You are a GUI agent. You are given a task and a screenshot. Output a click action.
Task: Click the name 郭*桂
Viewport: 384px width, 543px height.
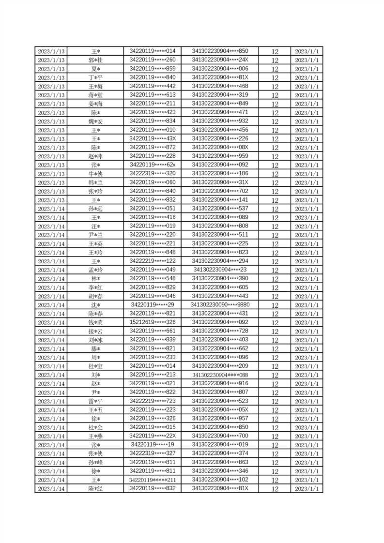(95, 60)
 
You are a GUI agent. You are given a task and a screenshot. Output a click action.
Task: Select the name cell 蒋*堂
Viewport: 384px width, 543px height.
(95, 95)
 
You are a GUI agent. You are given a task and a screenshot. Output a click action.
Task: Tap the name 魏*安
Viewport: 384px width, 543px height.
(95, 121)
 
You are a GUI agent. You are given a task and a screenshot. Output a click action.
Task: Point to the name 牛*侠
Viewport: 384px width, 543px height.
(95, 174)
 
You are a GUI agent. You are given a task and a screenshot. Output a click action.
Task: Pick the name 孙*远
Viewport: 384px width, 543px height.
(95, 209)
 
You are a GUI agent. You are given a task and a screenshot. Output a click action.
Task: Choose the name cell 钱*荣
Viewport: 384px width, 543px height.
(95, 322)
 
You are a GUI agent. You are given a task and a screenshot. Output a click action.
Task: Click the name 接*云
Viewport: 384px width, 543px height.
(95, 331)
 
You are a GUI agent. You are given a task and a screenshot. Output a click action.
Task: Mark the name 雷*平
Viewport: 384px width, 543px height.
(95, 401)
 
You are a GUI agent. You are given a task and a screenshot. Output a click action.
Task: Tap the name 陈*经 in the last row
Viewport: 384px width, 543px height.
(95, 489)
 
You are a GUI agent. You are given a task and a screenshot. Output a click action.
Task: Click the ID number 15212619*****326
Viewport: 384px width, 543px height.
(153, 322)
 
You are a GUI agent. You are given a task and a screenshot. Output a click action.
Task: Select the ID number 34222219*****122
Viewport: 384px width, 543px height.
(153, 261)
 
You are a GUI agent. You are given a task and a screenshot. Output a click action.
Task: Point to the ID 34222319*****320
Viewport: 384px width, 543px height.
(153, 173)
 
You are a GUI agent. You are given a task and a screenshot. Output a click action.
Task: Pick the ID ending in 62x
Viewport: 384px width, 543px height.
(153, 165)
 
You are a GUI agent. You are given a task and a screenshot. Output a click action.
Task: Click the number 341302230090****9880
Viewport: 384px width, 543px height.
(220, 304)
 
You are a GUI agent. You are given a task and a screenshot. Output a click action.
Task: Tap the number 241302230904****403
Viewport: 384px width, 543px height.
(220, 339)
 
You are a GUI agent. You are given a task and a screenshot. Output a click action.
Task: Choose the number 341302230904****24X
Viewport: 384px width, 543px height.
(220, 60)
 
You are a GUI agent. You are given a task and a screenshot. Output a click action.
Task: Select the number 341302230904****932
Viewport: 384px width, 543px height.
(220, 121)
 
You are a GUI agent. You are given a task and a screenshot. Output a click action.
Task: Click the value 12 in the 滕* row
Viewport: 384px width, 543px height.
(275, 348)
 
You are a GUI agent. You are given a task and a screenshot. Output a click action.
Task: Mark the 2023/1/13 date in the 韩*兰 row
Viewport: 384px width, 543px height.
(51, 182)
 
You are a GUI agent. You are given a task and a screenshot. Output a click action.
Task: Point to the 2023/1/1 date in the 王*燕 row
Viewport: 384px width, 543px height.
(307, 436)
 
